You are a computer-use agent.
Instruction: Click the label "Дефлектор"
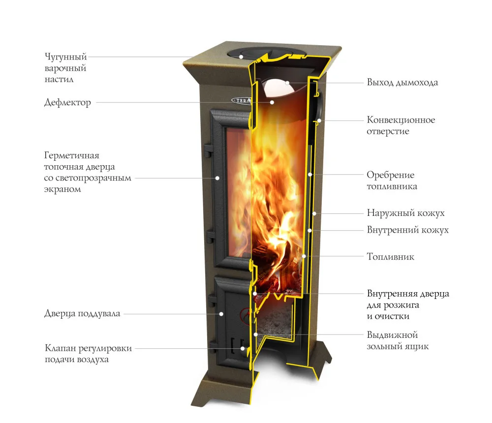[67, 103]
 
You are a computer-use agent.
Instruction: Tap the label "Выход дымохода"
[402, 83]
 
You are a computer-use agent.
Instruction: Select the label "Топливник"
[390, 257]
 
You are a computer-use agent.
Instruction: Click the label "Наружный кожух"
[406, 213]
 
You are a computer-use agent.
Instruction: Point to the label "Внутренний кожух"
[408, 230]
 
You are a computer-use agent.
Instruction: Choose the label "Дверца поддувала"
[82, 313]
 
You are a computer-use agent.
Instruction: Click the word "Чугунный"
[65, 57]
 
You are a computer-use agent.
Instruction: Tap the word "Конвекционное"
[401, 120]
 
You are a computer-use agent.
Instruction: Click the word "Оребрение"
[391, 175]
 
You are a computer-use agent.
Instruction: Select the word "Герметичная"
[71, 155]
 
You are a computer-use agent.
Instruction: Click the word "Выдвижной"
[392, 335]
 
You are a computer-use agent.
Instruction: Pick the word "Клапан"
[60, 348]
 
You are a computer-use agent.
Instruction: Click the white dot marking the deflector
[272, 102]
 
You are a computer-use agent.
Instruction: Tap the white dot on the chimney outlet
[287, 83]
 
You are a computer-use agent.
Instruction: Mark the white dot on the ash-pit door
[221, 314]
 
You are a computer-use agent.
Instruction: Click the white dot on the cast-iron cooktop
[241, 57]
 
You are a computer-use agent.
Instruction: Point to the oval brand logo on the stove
[241, 100]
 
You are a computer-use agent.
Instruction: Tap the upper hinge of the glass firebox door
[208, 151]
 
